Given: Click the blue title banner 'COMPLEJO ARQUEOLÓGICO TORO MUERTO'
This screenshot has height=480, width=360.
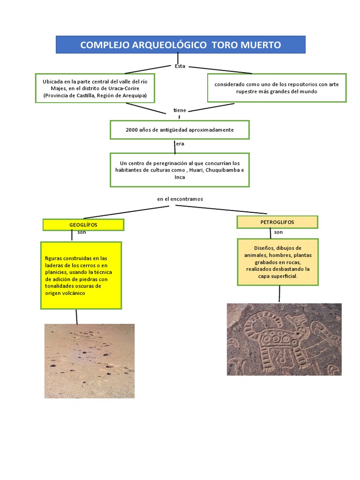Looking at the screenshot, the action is tap(180, 45).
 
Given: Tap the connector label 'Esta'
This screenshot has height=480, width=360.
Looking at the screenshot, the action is tap(180, 66).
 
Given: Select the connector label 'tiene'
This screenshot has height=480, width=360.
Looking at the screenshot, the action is tap(180, 110).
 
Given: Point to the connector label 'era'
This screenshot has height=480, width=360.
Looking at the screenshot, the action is tap(180, 143).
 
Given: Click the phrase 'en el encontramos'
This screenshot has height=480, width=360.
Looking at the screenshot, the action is tap(180, 199).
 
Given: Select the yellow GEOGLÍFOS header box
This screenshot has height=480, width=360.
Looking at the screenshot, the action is tap(83, 225).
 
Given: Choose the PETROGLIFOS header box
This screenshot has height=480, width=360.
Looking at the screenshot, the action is tap(277, 222).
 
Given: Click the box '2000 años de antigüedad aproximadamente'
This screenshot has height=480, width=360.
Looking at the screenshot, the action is tap(180, 130).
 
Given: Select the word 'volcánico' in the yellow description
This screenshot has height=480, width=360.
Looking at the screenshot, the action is tap(74, 293).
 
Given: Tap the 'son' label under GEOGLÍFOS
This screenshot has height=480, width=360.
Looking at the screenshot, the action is tap(82, 232).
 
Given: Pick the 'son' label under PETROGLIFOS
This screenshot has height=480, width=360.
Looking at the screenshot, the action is tap(278, 232).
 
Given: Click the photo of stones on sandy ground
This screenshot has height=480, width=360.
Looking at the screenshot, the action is tap(90, 361).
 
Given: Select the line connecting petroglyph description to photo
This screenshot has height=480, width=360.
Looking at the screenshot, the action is tap(279, 294).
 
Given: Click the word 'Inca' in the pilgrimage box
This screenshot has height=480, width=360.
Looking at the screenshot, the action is tap(180, 177).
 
